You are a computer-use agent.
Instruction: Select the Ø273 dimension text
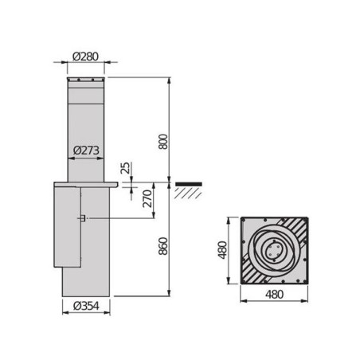click(85, 150)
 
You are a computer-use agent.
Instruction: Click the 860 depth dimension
click(163, 247)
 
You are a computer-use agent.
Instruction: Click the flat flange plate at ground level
click(85, 184)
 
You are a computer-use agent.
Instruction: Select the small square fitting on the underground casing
click(81, 218)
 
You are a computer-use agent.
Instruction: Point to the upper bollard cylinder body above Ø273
click(85, 119)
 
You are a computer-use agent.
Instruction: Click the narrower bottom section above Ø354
click(85, 283)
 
